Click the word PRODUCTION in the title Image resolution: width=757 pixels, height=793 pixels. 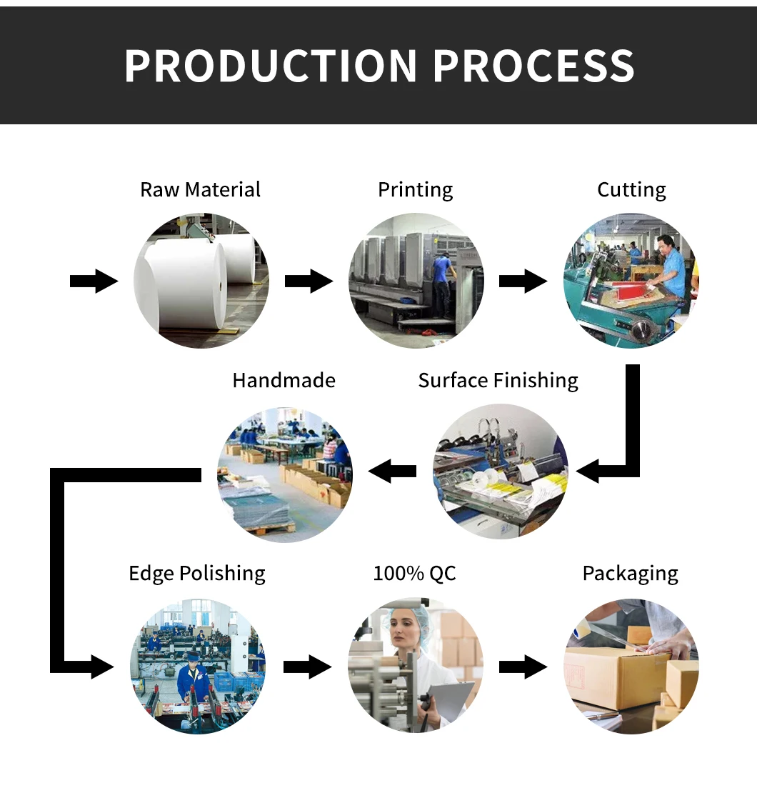271,66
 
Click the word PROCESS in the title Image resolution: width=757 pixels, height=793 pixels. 533,66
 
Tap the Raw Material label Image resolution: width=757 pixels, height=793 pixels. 200,189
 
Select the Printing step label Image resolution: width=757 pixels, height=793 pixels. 415,190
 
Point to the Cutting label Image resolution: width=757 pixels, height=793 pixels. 631,190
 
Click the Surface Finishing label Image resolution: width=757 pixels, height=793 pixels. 498,380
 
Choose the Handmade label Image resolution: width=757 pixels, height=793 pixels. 284,380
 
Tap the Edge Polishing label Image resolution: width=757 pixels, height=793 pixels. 197,574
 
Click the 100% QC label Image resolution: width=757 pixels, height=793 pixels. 415,574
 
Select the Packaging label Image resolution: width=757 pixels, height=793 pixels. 630,574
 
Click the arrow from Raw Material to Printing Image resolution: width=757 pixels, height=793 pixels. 309,281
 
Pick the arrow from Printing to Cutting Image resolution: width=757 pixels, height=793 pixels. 523,281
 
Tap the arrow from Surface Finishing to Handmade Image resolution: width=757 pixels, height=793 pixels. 392,472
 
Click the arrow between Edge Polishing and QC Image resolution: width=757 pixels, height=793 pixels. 307,667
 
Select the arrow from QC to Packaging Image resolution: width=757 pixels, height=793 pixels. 523,667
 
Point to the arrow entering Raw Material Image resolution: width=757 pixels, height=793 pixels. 94,281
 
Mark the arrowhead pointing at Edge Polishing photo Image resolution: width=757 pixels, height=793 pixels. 103,667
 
